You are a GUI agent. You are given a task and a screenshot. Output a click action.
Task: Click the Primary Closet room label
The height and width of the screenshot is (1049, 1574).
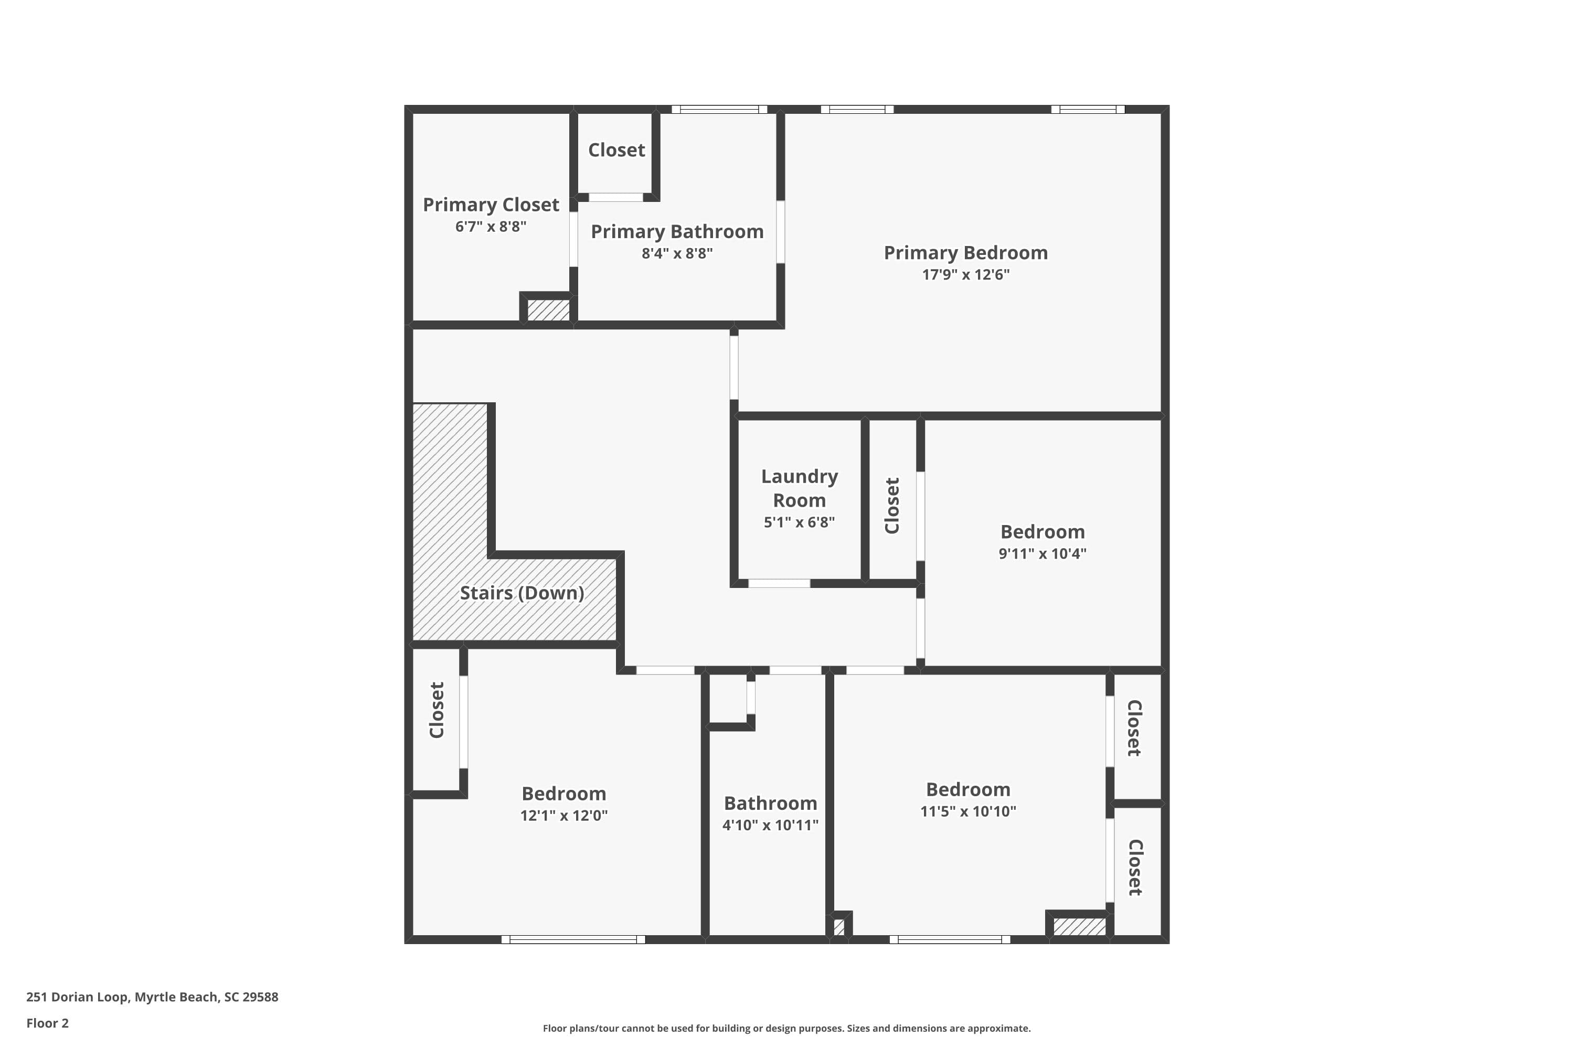tap(491, 205)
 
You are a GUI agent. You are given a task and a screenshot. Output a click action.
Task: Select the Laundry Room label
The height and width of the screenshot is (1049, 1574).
tap(799, 488)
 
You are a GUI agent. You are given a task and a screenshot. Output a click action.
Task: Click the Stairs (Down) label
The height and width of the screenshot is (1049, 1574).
tap(522, 593)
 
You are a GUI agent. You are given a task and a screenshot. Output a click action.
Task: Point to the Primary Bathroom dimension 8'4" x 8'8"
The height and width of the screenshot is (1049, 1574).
tap(677, 253)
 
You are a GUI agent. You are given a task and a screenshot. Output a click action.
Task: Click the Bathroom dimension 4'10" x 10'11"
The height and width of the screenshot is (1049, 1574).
tap(770, 825)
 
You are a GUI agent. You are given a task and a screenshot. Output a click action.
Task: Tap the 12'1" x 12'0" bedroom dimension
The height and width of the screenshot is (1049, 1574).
tap(563, 816)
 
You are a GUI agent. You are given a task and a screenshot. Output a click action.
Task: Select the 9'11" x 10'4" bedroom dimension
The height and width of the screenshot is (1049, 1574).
tap(1042, 553)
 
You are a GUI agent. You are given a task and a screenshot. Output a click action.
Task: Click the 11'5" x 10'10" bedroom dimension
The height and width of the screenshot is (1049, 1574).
tap(967, 811)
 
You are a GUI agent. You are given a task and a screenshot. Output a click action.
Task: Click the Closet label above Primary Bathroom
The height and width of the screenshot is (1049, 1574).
tap(616, 150)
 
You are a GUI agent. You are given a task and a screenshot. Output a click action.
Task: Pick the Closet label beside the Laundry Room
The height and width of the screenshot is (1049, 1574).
tap(892, 506)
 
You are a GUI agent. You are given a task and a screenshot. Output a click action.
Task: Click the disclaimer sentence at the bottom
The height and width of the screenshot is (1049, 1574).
tap(786, 1028)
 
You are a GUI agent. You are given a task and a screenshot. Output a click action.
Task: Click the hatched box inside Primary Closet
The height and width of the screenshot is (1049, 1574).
tap(548, 311)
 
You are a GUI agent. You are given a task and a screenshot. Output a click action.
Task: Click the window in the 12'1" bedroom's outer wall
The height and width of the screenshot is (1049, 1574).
tap(573, 939)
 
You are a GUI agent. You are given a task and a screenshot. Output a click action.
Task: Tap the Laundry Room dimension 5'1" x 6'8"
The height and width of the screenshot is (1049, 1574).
tap(799, 522)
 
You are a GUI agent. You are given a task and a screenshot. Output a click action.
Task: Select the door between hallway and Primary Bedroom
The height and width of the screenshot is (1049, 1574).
tap(734, 368)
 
